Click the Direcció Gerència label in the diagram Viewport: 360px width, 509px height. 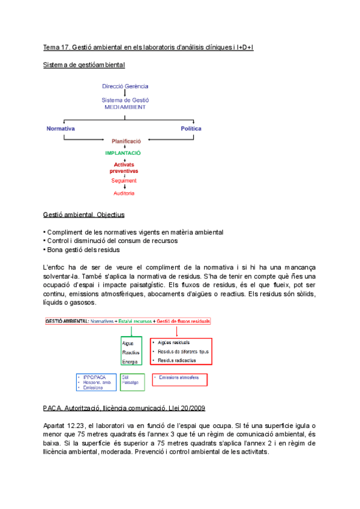click(125, 86)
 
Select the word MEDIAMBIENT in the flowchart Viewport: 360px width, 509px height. click(125, 107)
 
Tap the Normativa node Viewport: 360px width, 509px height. click(61, 128)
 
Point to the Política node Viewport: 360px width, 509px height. click(191, 128)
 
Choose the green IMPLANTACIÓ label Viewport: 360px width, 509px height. click(125, 153)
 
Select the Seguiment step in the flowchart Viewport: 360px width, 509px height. click(124, 180)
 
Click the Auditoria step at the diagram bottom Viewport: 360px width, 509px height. click(124, 193)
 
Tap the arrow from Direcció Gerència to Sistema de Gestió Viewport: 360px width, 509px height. click(125, 93)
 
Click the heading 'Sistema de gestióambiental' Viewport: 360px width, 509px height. click(84, 64)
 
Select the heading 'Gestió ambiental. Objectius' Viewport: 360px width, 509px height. click(83, 214)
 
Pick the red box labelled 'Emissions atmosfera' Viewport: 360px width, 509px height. click(179, 379)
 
